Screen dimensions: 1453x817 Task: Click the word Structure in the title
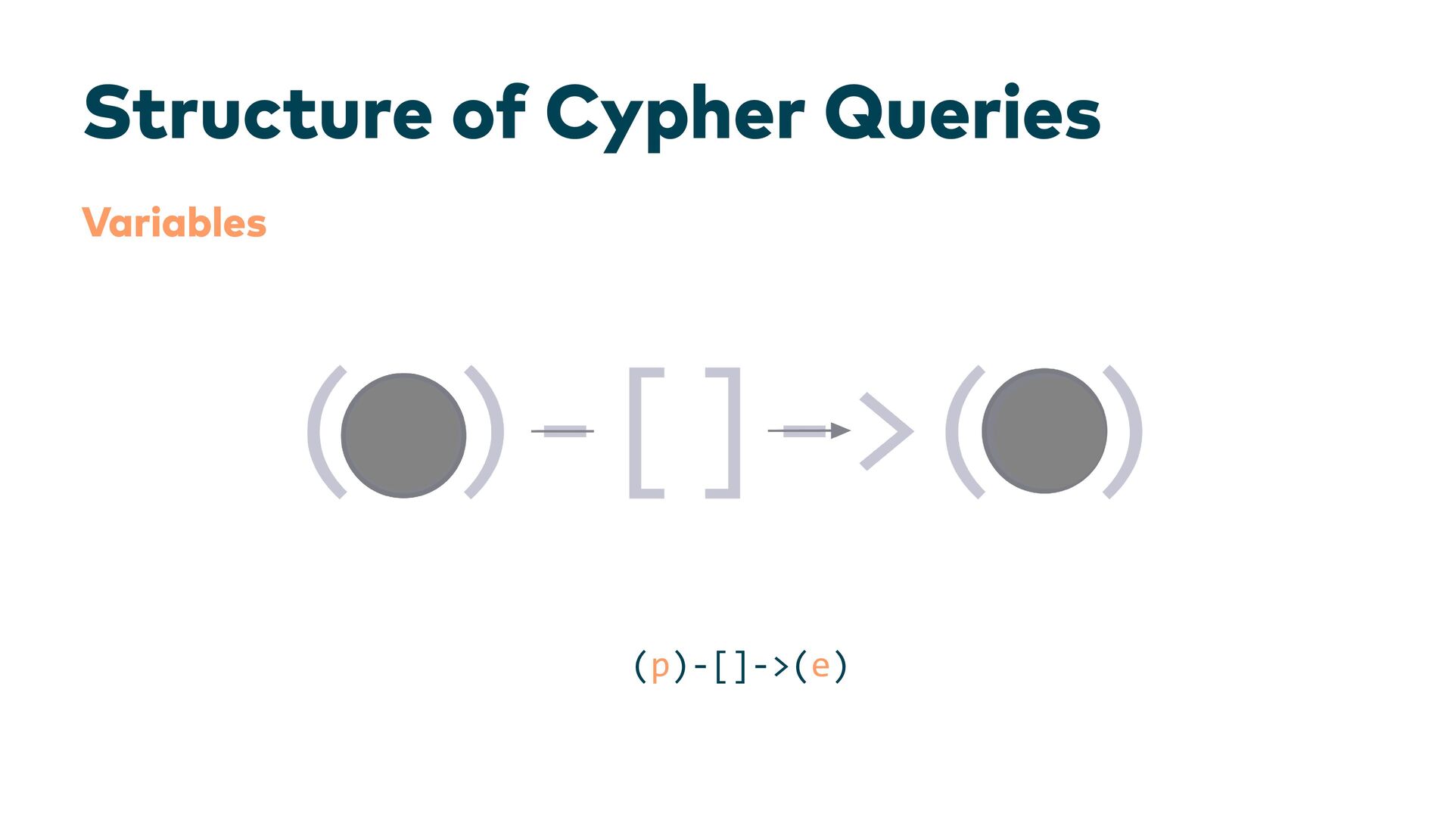point(257,113)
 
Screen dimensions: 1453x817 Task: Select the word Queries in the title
point(962,113)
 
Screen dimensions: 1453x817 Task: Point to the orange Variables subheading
point(174,223)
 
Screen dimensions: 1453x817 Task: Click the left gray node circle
point(403,435)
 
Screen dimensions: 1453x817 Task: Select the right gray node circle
point(1044,431)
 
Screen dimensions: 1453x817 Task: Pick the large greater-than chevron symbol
point(887,431)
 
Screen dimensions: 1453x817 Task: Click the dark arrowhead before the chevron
point(840,430)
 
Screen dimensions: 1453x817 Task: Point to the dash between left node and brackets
point(563,431)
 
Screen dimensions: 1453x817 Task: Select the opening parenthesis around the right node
point(962,433)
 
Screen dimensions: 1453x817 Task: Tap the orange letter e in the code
point(820,666)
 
